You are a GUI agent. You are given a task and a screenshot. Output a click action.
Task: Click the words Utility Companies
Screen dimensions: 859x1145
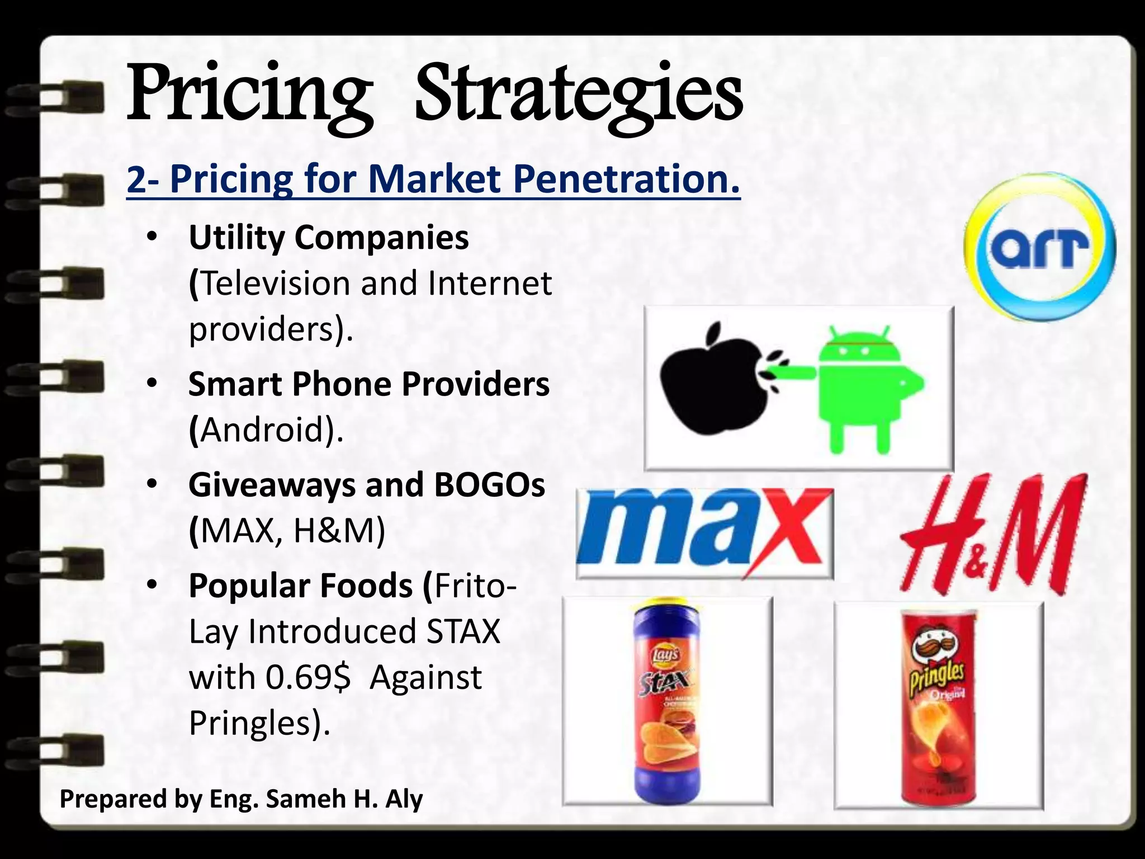point(329,238)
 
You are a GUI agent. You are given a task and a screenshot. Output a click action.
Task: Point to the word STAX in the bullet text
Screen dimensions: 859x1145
point(463,631)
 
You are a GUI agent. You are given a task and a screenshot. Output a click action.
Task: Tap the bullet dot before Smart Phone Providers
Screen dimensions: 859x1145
point(150,384)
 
